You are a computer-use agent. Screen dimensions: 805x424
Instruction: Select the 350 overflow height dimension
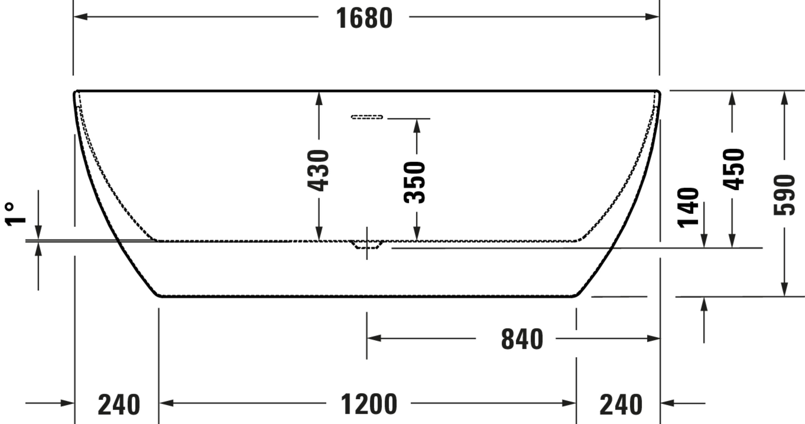(415, 183)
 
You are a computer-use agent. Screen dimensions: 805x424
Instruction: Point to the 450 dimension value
(733, 169)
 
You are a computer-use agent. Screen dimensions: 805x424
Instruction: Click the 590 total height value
(784, 195)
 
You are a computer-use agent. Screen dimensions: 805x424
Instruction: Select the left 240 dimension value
(119, 405)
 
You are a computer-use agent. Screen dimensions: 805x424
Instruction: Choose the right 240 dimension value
(621, 405)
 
